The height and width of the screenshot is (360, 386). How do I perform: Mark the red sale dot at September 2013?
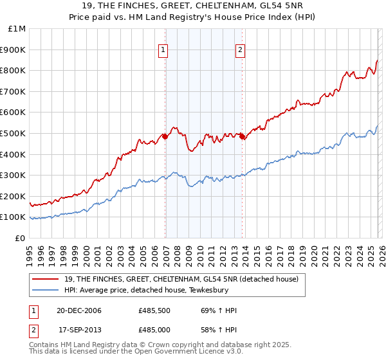coord(243,136)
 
